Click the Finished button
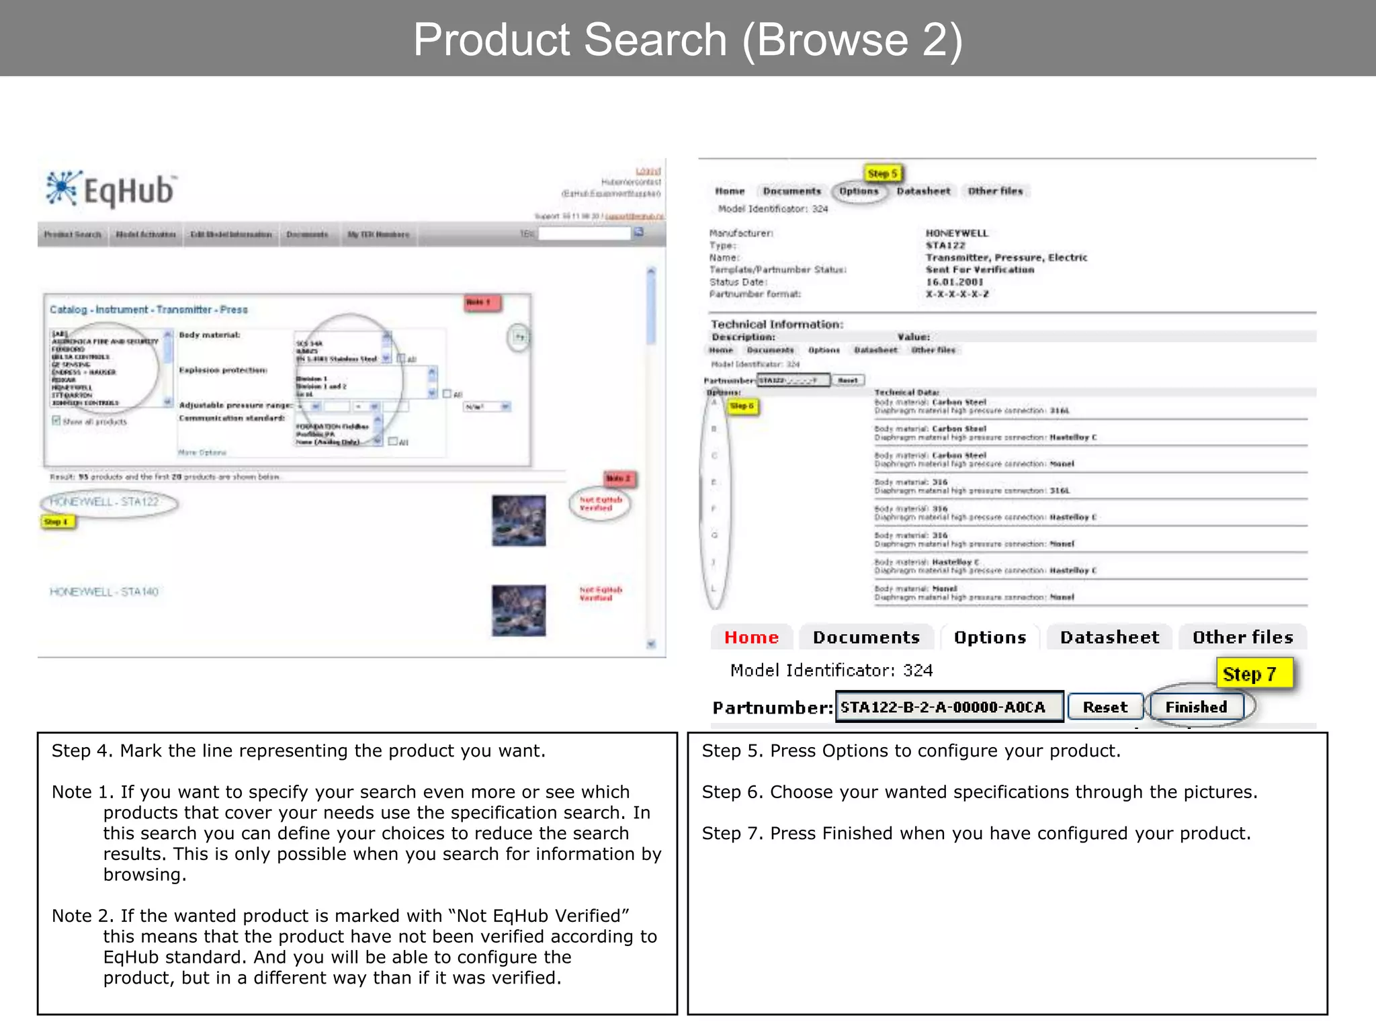click(x=1196, y=707)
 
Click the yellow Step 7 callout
click(x=1254, y=673)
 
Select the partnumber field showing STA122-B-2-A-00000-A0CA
click(x=949, y=707)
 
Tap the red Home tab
click(x=751, y=637)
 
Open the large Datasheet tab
click(x=1109, y=637)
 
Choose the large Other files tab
click(x=1242, y=637)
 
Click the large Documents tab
click(x=866, y=637)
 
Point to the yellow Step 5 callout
click(x=882, y=173)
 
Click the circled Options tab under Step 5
click(x=859, y=191)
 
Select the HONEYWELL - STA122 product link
click(x=105, y=502)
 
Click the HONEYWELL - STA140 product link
click(x=104, y=592)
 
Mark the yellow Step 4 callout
click(x=58, y=522)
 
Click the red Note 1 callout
click(x=481, y=303)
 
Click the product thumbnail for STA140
click(x=519, y=611)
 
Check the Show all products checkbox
click(x=56, y=421)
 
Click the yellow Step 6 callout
click(x=742, y=406)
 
